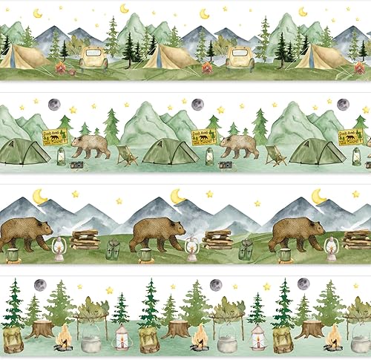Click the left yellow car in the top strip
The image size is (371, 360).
pos(93,58)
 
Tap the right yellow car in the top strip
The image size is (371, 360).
pos(240,58)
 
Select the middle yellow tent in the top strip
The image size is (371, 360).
pos(167,55)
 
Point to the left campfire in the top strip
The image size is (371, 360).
pos(61,69)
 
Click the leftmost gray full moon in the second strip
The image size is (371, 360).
pos(53,105)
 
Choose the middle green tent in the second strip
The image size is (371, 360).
pos(170,152)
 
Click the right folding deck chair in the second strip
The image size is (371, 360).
pos(275,155)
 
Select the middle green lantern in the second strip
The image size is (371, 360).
pos(210,156)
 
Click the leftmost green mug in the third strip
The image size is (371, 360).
pos(12,255)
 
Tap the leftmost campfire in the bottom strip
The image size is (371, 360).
pos(64,338)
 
